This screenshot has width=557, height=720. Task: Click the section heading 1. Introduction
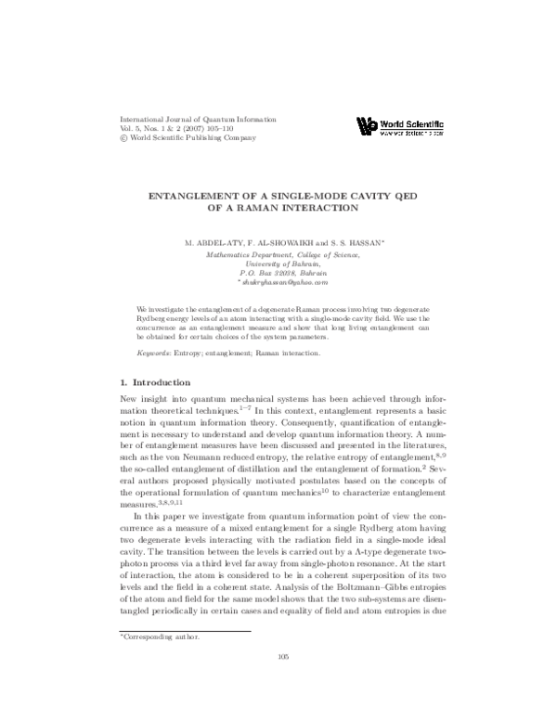[156, 382]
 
